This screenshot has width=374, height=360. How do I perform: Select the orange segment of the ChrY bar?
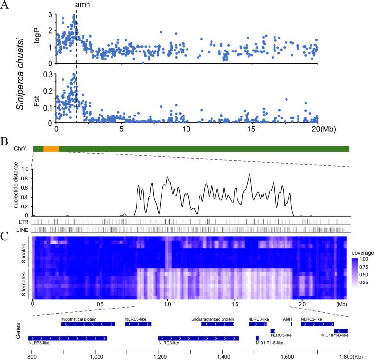(51, 149)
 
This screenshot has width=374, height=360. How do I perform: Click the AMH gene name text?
(287, 319)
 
